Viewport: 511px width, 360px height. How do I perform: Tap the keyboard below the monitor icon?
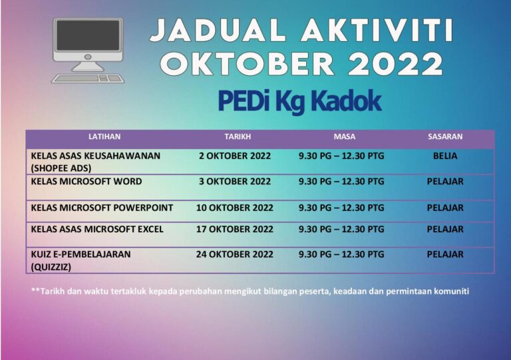tap(88, 78)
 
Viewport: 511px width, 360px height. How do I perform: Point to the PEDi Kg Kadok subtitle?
tap(299, 100)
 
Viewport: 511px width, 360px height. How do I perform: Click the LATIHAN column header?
tap(104, 136)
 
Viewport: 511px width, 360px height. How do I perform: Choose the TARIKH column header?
tap(238, 136)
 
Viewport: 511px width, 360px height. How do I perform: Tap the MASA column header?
tap(345, 136)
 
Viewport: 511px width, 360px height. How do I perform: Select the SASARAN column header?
tap(445, 136)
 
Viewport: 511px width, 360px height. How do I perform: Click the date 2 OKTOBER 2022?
tap(235, 156)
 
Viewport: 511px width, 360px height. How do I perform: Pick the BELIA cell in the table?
tap(445, 156)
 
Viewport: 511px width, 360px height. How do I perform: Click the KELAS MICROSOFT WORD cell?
tap(86, 181)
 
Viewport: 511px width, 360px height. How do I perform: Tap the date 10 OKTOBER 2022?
tap(235, 208)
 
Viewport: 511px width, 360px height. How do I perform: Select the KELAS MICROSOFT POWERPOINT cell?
tap(102, 208)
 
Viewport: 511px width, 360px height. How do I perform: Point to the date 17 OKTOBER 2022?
tap(235, 229)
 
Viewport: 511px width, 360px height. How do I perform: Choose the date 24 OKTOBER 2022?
tap(235, 254)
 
